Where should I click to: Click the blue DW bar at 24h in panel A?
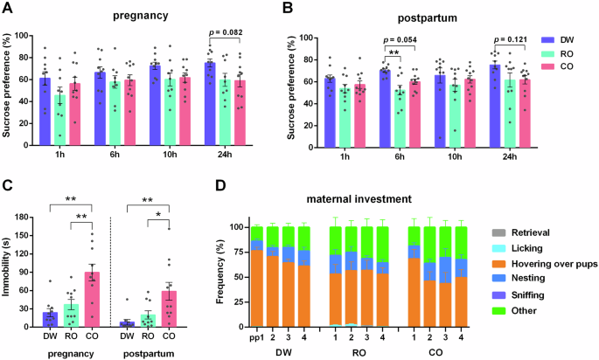pos(210,96)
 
